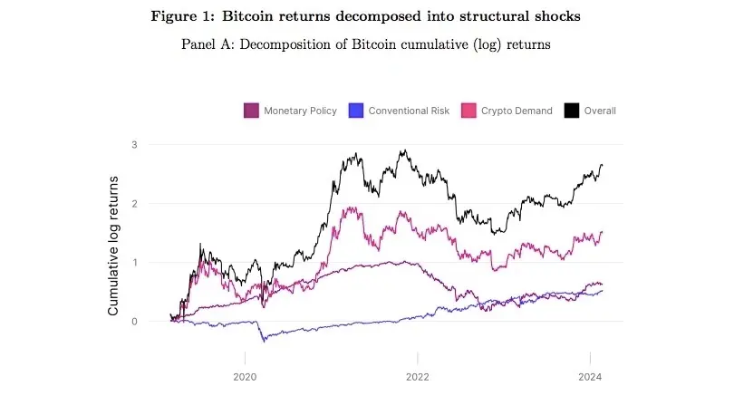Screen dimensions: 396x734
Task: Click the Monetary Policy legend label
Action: tap(300, 111)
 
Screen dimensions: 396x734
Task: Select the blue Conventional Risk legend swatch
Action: tap(354, 111)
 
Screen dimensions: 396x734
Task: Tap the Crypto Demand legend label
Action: tap(517, 111)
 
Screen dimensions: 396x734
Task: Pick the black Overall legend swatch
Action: tap(572, 111)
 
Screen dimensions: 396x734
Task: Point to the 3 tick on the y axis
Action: tap(133, 144)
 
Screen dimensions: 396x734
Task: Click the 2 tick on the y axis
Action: tap(133, 204)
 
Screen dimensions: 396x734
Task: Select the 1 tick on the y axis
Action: tap(133, 263)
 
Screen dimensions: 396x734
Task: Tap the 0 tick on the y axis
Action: tap(133, 322)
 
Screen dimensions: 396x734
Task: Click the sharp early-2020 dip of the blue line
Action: tap(265, 341)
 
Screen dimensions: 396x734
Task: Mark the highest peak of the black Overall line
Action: tap(401, 151)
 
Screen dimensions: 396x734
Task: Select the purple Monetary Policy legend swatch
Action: tap(251, 111)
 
